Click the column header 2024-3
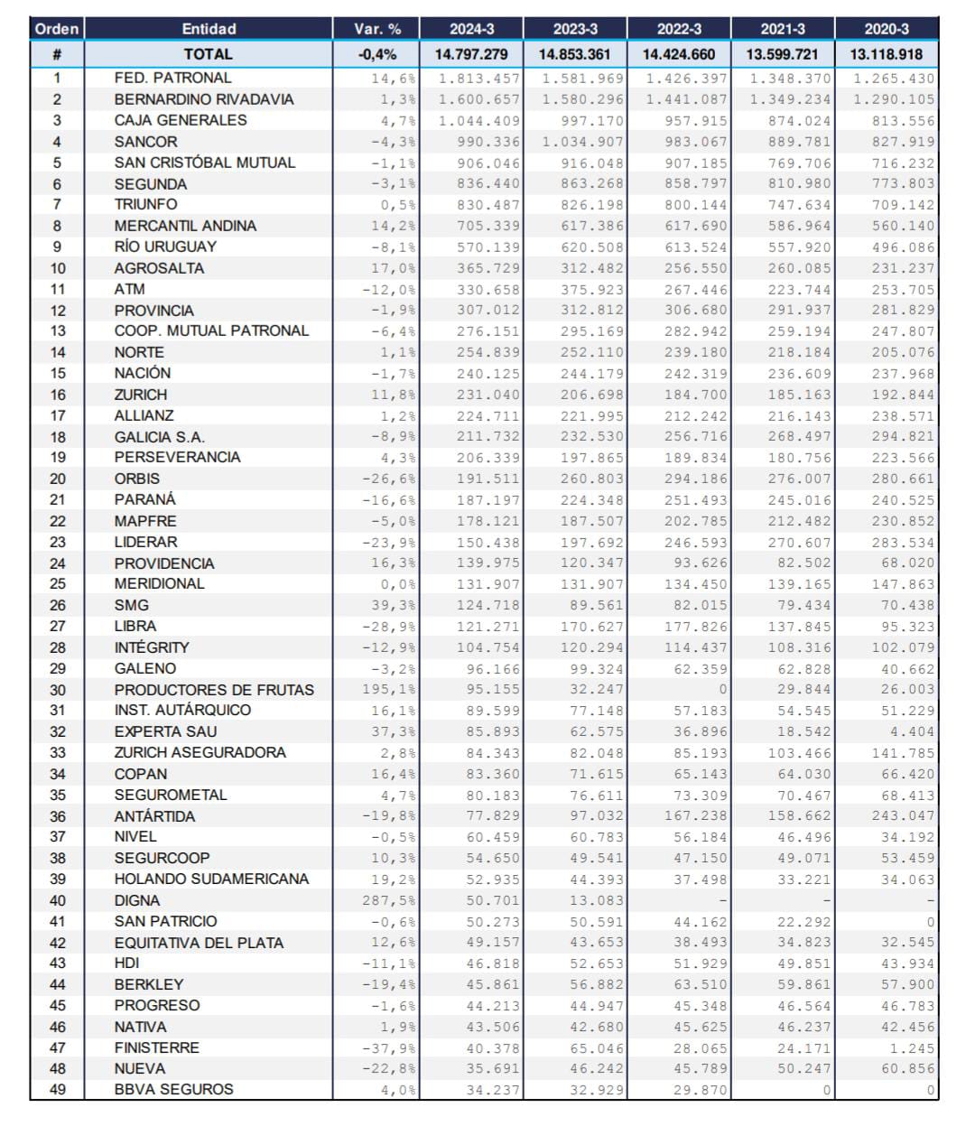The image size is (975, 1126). coord(471,29)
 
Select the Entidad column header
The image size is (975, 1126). coord(209,29)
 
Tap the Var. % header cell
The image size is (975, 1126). coord(377,29)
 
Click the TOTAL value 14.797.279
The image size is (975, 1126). coord(471,54)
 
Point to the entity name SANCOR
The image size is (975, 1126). coord(146,142)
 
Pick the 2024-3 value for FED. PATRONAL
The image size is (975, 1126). coord(479,79)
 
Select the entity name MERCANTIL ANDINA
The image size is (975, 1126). coord(185,226)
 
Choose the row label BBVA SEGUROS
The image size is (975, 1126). coord(173,1089)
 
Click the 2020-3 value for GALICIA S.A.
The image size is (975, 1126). coord(895,437)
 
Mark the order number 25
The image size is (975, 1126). coord(58,584)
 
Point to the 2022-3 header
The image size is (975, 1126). coord(679,29)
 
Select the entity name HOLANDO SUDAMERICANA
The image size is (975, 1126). coord(211,879)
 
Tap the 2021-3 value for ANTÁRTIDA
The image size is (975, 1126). coord(791,816)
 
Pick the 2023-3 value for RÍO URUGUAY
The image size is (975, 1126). coord(583,247)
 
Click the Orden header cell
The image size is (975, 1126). coord(57,29)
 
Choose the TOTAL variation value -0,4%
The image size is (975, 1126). coord(377,54)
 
